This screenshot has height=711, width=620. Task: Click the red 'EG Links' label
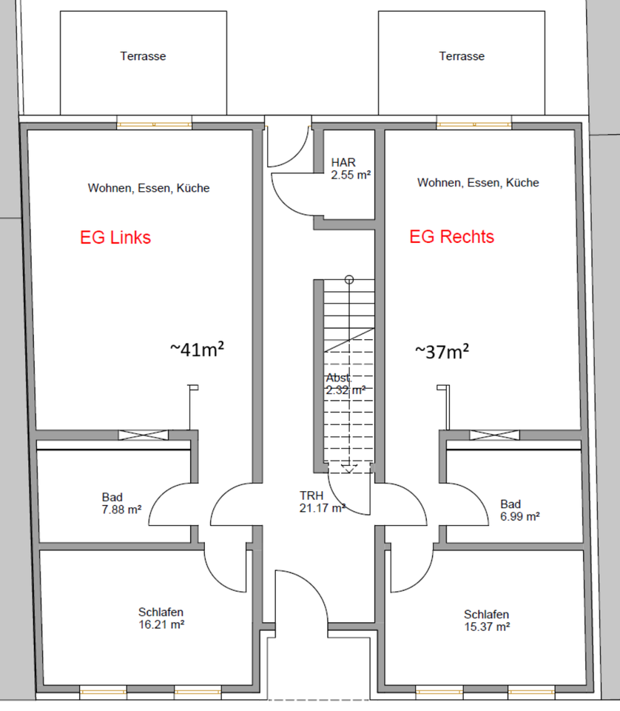[x=115, y=238]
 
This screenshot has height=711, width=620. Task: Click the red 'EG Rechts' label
[x=452, y=237]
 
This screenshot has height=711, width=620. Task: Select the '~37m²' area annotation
[x=441, y=350]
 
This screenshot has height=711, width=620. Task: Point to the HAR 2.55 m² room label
[x=351, y=169]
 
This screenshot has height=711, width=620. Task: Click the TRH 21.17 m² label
[x=322, y=501]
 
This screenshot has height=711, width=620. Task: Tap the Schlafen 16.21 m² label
[x=161, y=618]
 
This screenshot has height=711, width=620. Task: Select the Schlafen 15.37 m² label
[x=486, y=620]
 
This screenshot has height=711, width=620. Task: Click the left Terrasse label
[x=143, y=56]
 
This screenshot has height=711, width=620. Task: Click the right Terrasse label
[x=462, y=56]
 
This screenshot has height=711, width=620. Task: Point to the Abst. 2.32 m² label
[x=346, y=383]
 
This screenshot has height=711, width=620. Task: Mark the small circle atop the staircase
[x=349, y=279]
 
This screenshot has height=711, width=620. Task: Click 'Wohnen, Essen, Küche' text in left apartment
[x=149, y=188]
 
